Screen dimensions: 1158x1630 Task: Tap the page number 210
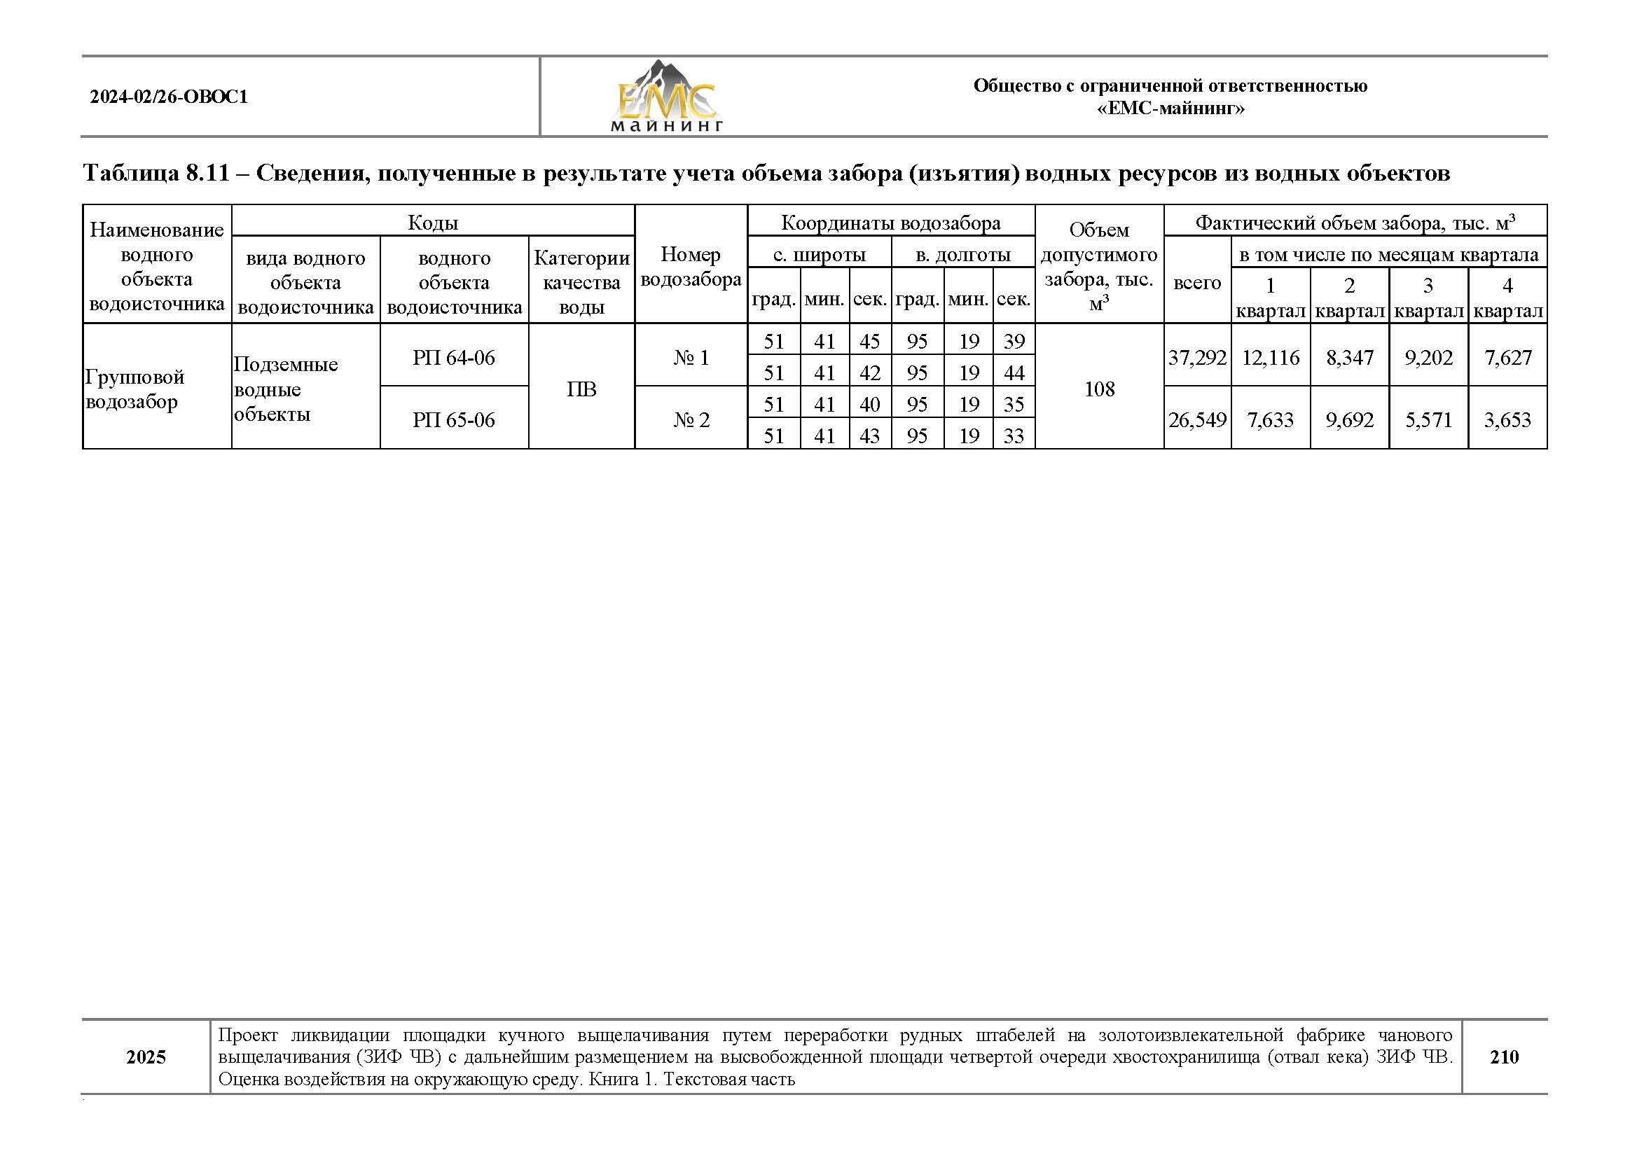point(1504,1056)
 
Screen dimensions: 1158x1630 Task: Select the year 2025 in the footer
point(146,1056)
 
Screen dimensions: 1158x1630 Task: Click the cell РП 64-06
point(454,357)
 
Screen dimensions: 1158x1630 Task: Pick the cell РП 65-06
point(454,419)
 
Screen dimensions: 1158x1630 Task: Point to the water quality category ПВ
point(581,389)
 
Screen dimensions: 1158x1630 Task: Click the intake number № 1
point(691,357)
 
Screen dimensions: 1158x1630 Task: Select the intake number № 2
point(691,419)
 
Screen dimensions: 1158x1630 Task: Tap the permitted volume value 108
point(1098,389)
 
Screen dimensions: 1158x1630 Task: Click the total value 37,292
point(1197,357)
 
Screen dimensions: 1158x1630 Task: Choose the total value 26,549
point(1197,419)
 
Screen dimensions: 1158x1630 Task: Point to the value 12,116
point(1271,357)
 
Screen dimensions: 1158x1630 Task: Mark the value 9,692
point(1349,419)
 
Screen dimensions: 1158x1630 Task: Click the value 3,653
point(1507,419)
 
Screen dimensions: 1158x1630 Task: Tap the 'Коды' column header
point(432,223)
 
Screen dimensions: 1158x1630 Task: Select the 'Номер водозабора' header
point(691,267)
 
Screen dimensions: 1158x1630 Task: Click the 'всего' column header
point(1197,282)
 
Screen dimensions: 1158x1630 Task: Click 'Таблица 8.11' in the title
point(156,173)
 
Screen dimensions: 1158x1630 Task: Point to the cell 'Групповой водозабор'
point(134,389)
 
